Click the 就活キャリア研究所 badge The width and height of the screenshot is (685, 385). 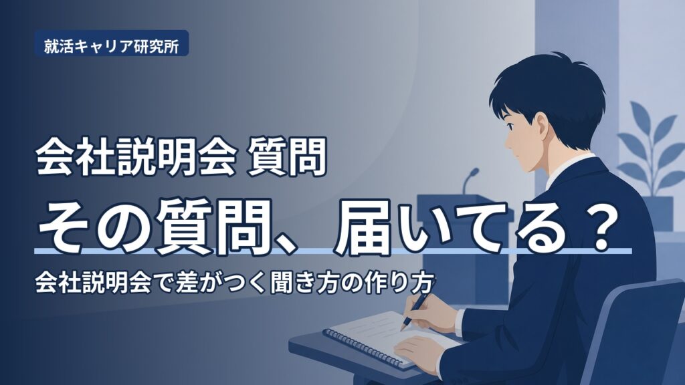[112, 43]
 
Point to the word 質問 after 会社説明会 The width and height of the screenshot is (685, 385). [287, 156]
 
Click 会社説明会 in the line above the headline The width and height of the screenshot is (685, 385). [136, 156]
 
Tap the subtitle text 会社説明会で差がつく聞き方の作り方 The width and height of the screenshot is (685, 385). [235, 283]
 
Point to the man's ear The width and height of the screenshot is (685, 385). [542, 124]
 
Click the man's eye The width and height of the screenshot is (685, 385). [510, 126]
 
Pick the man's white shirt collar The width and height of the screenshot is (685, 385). [566, 168]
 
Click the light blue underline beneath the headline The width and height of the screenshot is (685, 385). [334, 251]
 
